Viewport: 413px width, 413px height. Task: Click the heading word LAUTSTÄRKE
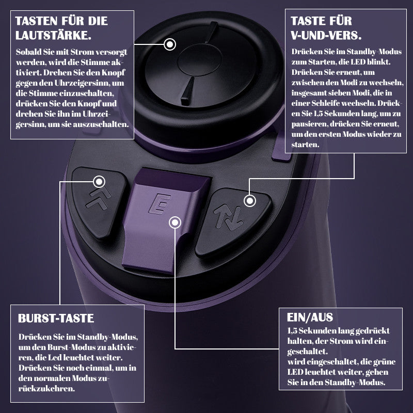(53, 35)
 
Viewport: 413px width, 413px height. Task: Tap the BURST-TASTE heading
(56, 318)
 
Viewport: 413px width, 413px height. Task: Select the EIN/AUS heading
(310, 317)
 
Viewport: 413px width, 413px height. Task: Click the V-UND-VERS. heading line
(326, 35)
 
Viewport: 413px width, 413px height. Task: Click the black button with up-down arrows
(233, 220)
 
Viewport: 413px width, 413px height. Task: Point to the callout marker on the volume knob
(170, 44)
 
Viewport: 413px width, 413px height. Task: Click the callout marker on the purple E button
(175, 223)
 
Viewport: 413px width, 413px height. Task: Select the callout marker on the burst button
(99, 182)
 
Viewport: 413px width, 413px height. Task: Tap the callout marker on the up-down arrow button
(250, 201)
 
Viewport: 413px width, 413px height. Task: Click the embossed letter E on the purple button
(160, 204)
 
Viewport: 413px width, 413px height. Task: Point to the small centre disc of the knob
(199, 60)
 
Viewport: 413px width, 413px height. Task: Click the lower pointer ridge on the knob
(187, 91)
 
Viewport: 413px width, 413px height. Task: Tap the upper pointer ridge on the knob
(212, 32)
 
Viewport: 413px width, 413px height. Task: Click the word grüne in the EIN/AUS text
(384, 362)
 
